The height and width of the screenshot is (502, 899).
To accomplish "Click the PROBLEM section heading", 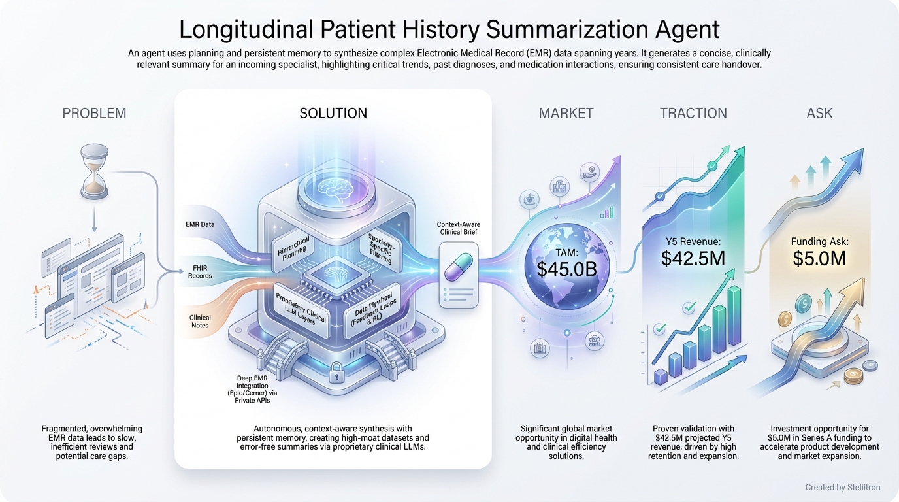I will pos(94,113).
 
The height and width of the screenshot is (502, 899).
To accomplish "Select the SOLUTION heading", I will pos(333,113).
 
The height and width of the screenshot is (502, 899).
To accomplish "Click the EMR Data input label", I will pos(200,224).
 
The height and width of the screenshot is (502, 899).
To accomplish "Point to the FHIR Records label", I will pos(200,271).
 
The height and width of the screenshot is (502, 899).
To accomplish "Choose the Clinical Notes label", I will pos(200,322).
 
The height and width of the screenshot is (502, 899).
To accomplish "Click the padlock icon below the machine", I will pos(338,374).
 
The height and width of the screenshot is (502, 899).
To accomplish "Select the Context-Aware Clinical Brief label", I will pos(458,229).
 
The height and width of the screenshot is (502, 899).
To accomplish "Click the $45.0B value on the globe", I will pos(567,269).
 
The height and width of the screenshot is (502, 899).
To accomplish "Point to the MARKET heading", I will pos(566,113).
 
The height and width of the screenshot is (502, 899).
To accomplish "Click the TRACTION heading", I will pos(693,113).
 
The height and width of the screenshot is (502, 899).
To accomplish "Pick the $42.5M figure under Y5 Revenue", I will pos(693,258).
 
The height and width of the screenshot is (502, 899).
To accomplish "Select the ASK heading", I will pos(819,113).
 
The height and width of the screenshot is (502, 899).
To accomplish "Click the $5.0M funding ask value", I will pos(819,258).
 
